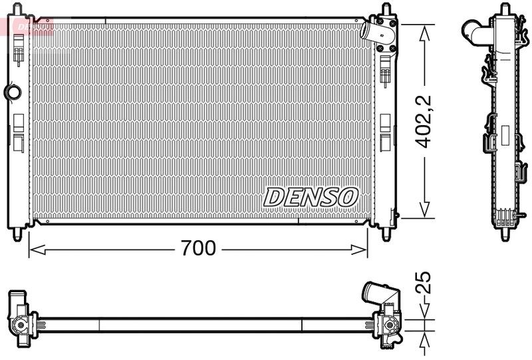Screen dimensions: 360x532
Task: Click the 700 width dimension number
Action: [198, 248]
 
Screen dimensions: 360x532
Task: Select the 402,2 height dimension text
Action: [424, 120]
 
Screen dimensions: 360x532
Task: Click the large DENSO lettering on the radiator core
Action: [311, 196]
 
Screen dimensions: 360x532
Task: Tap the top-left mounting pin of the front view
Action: [18, 11]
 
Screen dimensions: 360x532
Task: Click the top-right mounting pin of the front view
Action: [385, 11]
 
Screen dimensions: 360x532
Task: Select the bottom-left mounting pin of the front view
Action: [18, 235]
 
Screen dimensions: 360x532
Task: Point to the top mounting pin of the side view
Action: [505, 10]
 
